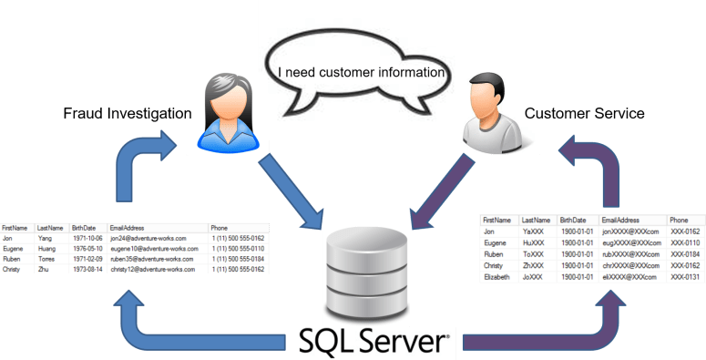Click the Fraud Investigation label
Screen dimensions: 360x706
(x=128, y=114)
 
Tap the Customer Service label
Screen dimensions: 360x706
(x=584, y=114)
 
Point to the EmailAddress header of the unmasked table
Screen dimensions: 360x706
(x=128, y=226)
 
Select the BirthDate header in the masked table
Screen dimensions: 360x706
(x=574, y=220)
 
